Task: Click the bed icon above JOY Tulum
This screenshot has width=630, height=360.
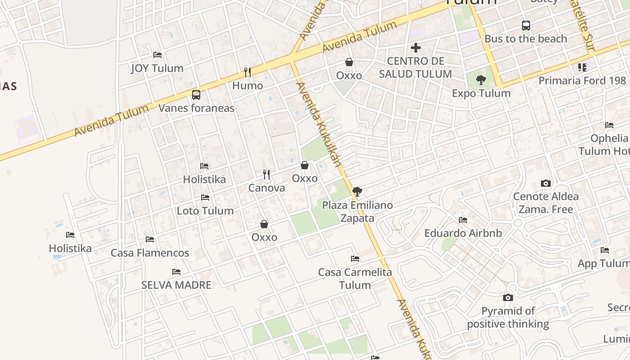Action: [157, 55]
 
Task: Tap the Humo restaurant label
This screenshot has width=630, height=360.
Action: [247, 85]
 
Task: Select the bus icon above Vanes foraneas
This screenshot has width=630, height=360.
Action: [196, 95]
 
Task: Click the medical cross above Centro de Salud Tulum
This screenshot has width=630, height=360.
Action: [416, 47]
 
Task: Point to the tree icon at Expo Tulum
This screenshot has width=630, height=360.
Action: [481, 81]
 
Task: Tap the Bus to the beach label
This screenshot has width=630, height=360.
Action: [526, 39]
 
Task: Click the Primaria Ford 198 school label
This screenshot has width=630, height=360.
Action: [582, 81]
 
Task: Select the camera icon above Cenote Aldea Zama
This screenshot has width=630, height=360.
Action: [546, 184]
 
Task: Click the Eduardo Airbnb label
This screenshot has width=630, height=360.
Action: [463, 233]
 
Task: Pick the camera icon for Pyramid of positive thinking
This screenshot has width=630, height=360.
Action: [508, 298]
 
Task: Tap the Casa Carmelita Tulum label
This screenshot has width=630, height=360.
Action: [355, 278]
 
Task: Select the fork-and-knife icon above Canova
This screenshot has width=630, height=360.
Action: [266, 175]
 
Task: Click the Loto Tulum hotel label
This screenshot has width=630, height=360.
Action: [205, 211]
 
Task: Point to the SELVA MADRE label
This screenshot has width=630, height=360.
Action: [176, 285]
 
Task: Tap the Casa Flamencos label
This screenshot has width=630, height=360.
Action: [150, 253]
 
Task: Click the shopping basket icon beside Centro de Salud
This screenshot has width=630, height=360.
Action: [349, 62]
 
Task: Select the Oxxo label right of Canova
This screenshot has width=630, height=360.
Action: [305, 178]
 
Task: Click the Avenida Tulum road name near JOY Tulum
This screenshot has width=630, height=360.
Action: [111, 121]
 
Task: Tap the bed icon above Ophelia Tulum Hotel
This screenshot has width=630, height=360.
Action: [609, 125]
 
